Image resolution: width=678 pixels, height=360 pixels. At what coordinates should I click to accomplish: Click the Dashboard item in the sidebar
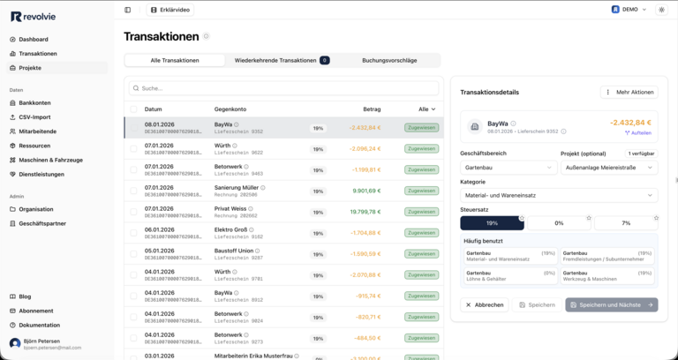tap(34, 40)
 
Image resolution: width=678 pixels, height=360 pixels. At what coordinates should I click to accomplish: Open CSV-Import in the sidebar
tap(35, 117)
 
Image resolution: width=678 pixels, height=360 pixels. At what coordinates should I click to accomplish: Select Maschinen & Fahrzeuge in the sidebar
tap(50, 160)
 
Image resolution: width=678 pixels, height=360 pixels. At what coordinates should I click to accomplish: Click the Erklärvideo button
tap(170, 10)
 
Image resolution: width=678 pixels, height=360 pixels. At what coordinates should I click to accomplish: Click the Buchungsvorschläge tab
tap(389, 60)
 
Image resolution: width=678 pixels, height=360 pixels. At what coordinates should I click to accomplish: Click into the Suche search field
tap(282, 88)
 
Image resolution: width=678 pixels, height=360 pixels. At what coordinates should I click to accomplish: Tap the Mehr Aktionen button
tap(629, 92)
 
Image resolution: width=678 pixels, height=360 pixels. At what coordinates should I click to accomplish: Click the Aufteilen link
tap(638, 132)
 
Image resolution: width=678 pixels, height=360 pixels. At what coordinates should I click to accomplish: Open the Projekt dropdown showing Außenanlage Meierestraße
tap(609, 167)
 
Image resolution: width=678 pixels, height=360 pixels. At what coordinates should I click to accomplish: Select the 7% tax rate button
tap(626, 223)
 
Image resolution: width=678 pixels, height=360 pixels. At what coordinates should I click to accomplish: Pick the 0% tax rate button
tap(559, 223)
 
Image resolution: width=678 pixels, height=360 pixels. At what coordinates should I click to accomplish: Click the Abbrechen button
tap(484, 304)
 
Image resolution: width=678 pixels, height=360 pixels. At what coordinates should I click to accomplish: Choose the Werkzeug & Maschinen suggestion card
tap(607, 277)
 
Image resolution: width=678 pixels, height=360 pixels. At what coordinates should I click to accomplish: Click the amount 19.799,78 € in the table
tap(365, 212)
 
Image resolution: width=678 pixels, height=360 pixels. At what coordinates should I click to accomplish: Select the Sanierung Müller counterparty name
tap(237, 187)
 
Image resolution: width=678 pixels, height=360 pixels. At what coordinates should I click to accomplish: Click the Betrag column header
tap(372, 109)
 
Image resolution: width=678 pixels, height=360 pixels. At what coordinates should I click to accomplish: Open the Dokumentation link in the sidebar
tap(40, 325)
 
